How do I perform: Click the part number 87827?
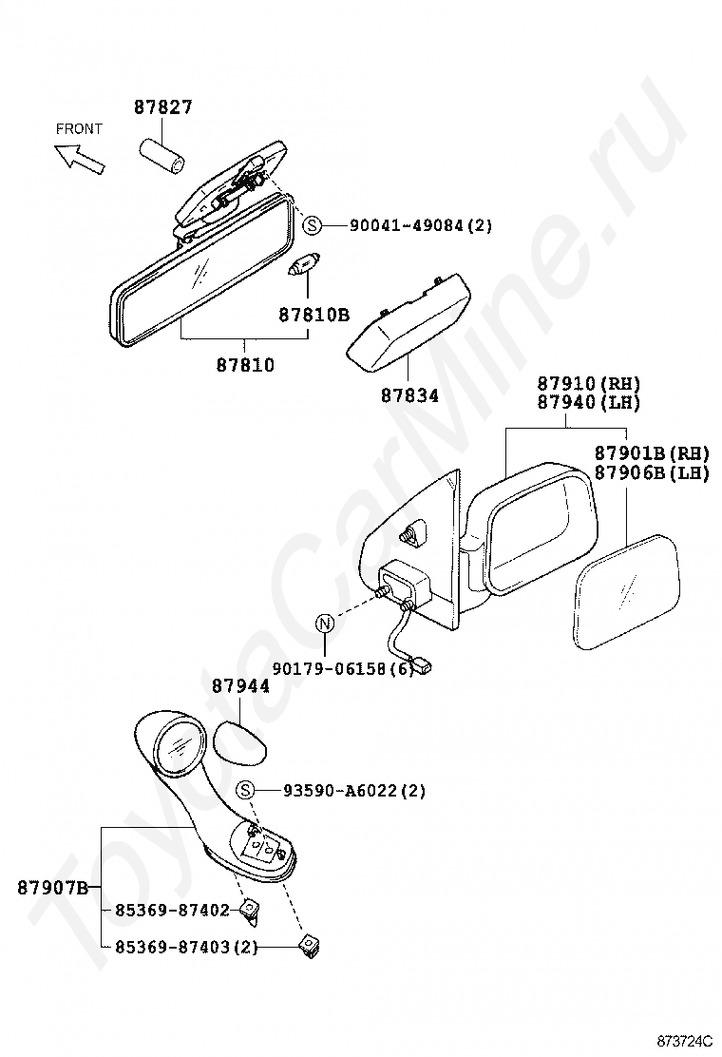[x=163, y=107]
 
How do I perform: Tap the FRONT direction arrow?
[x=80, y=161]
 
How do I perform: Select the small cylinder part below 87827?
[x=163, y=157]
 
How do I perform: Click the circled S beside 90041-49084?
[x=313, y=225]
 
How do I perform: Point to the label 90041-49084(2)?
[x=421, y=225]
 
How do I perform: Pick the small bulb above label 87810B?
[x=305, y=262]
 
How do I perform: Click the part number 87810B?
[x=313, y=315]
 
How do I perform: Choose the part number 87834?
[x=409, y=395]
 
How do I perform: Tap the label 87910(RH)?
[x=589, y=384]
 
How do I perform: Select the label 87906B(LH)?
[x=652, y=473]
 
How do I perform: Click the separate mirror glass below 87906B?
[x=627, y=592]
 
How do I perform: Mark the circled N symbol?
[x=325, y=624]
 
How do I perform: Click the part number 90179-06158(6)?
[x=343, y=668]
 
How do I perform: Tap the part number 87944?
[x=240, y=686]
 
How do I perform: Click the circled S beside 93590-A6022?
[x=246, y=790]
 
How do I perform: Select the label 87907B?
[x=52, y=888]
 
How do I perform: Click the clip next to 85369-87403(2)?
[x=310, y=946]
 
